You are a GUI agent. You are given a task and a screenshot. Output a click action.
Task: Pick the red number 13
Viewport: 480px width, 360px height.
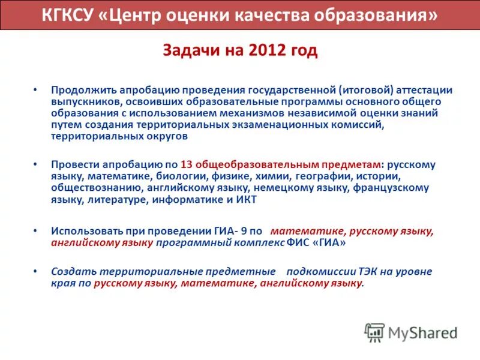click(186, 164)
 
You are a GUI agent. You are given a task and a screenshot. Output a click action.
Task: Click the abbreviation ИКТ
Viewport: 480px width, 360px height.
click(247, 200)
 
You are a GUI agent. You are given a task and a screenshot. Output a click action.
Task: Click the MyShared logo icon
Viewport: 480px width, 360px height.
click(375, 332)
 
